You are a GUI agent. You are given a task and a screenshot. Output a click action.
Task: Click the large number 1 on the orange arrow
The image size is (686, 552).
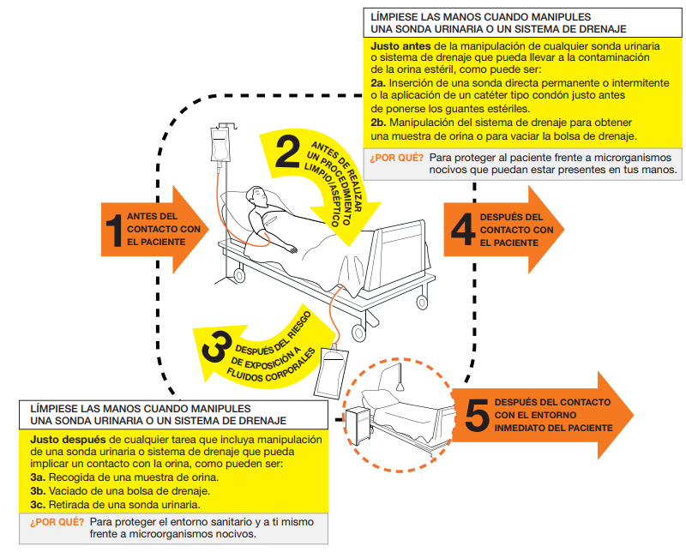click(x=113, y=231)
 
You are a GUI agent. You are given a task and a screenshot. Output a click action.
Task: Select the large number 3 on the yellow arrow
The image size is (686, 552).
click(x=215, y=344)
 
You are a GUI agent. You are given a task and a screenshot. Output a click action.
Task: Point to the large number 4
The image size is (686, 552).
click(x=462, y=229)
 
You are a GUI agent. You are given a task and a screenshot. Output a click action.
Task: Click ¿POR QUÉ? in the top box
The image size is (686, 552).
click(x=396, y=158)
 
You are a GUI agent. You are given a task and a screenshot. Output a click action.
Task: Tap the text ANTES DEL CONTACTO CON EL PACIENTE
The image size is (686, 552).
click(x=164, y=229)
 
